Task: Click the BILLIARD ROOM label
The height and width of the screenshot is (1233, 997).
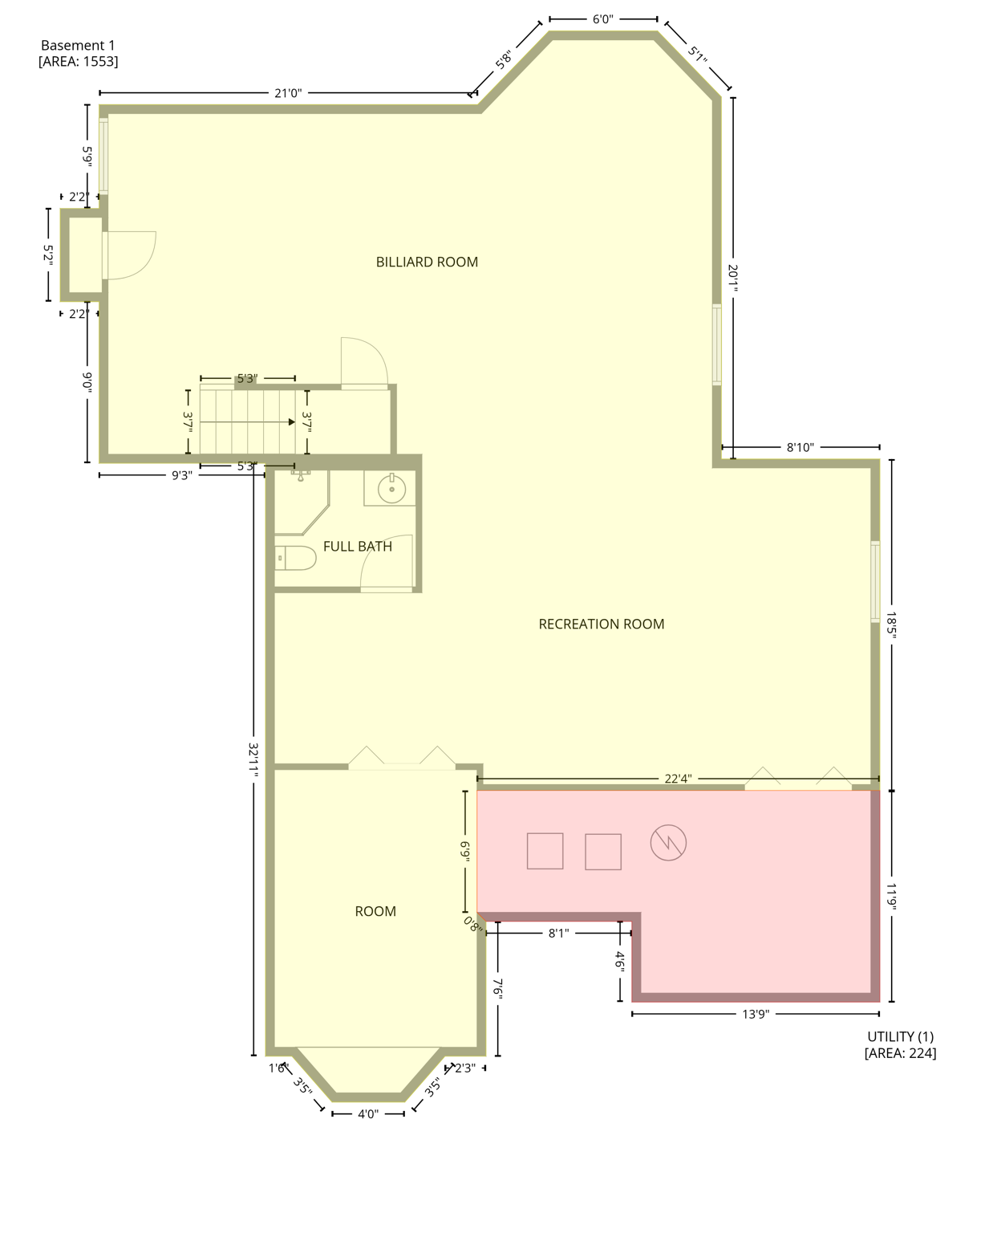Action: (x=427, y=262)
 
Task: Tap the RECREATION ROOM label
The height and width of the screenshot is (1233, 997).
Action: (x=601, y=624)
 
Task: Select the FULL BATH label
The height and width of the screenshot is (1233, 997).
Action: (x=357, y=546)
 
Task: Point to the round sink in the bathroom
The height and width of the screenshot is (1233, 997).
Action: (x=391, y=488)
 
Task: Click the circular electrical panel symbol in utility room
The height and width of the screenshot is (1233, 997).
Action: (x=668, y=843)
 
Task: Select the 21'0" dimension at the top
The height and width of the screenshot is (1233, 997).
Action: (x=288, y=93)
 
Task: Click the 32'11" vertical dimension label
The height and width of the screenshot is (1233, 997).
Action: (x=253, y=758)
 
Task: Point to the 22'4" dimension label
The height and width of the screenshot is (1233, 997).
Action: (x=678, y=778)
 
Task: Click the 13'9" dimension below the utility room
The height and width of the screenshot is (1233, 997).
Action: (x=755, y=1014)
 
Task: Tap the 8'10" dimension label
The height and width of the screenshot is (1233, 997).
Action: (x=800, y=447)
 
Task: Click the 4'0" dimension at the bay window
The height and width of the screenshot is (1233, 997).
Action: (x=367, y=1113)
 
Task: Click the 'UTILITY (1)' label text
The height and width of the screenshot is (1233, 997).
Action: (x=900, y=1036)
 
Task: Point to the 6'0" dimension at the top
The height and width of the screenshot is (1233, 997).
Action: (x=602, y=19)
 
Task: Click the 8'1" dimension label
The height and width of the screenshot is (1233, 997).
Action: (x=558, y=933)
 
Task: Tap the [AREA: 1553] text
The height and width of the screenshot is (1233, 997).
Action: (x=78, y=62)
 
